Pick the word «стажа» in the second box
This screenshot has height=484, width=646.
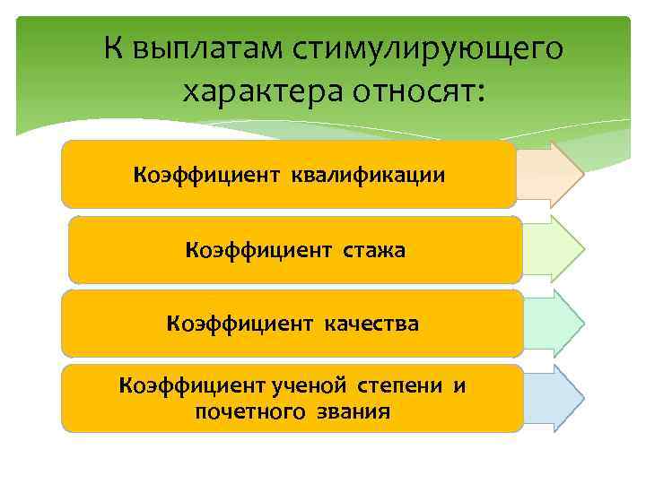tap(372, 249)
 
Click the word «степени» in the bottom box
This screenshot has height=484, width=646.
tap(401, 386)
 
